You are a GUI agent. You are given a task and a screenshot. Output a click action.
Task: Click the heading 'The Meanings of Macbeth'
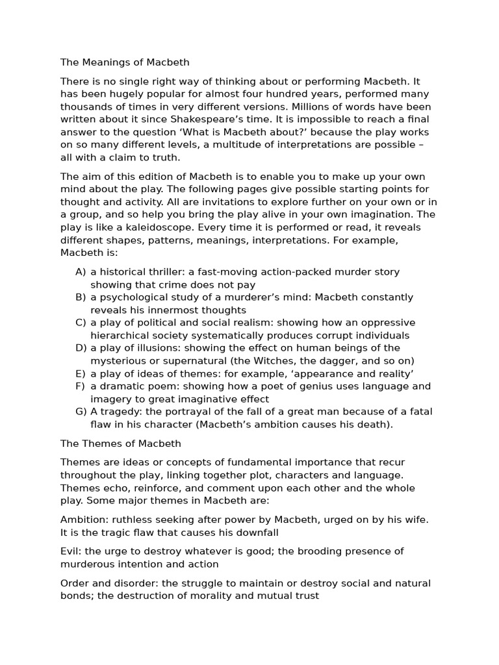click(125, 63)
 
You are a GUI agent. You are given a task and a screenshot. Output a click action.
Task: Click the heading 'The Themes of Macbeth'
click(121, 444)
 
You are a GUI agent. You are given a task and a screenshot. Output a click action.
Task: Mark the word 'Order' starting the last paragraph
click(75, 583)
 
